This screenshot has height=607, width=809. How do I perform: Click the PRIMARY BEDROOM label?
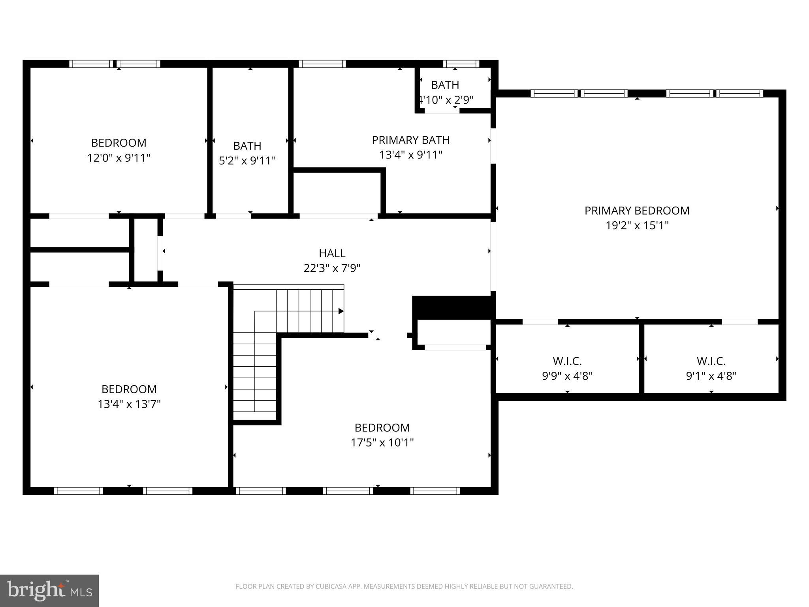(x=637, y=211)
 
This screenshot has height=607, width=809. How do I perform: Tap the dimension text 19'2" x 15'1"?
(x=637, y=226)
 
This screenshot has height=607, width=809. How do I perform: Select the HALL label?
(x=332, y=253)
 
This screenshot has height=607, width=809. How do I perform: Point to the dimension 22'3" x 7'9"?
(x=332, y=268)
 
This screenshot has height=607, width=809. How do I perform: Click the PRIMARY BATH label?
(x=410, y=140)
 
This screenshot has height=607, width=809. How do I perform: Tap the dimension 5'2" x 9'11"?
(x=247, y=160)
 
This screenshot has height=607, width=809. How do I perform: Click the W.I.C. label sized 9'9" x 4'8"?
(x=567, y=361)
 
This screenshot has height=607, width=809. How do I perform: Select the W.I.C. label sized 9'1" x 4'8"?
(x=711, y=361)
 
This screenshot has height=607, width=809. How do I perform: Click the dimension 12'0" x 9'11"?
(x=119, y=158)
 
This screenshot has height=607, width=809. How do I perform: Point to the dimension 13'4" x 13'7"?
(x=129, y=404)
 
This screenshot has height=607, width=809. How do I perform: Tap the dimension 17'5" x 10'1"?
(x=382, y=443)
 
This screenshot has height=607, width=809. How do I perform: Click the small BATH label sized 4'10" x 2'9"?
(x=445, y=85)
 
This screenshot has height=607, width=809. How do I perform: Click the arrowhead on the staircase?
(x=341, y=311)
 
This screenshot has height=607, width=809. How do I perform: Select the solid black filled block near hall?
(x=453, y=307)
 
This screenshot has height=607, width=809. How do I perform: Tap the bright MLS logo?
(x=49, y=590)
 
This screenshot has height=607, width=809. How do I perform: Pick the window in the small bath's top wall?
(x=461, y=64)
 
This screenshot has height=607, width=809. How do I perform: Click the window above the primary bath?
(x=322, y=64)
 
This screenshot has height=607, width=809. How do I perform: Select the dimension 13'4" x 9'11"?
(x=410, y=155)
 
